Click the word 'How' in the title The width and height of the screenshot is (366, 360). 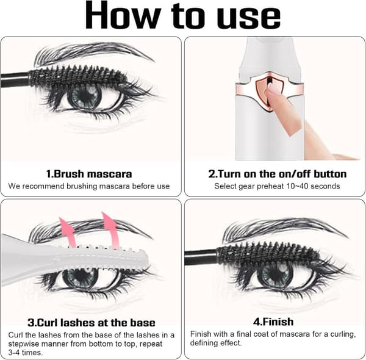(123, 15)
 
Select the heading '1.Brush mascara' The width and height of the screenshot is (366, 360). (88, 174)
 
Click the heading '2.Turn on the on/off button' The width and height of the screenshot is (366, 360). (277, 174)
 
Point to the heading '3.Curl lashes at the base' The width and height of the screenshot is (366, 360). (91, 323)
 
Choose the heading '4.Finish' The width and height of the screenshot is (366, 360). (273, 322)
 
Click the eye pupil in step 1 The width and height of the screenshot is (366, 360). (85, 96)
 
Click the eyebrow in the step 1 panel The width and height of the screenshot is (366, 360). (93, 52)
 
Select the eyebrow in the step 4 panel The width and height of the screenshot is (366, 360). (285, 229)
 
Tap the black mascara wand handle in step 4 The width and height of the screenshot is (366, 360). (201, 257)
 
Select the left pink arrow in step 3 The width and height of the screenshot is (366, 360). (68, 232)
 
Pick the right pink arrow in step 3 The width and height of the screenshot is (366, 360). (110, 229)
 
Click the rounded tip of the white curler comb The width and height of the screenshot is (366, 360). (146, 259)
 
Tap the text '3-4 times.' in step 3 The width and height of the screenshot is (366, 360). (26, 352)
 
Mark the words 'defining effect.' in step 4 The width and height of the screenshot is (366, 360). (216, 343)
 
